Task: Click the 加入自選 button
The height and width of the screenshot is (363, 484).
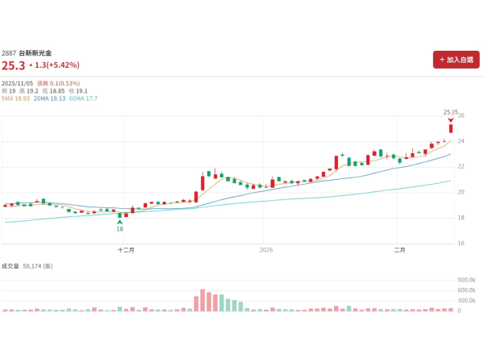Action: [x=456, y=60]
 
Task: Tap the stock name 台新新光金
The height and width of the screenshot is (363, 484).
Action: [x=35, y=52]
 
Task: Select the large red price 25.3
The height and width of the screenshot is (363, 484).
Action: [x=12, y=65]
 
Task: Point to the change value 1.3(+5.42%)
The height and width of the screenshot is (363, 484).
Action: [x=56, y=65]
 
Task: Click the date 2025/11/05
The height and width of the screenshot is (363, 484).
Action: [x=17, y=83]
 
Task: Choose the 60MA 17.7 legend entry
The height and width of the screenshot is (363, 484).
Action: [x=83, y=98]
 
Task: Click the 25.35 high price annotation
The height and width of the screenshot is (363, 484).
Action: [x=451, y=112]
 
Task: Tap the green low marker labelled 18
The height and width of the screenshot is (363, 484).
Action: [x=119, y=229]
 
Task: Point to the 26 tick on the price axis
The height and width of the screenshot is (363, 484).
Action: [x=461, y=115]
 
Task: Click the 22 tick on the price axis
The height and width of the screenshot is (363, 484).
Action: [x=461, y=167]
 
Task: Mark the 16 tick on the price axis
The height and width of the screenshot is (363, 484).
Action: [x=461, y=243]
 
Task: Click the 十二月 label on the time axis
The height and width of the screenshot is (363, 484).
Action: [x=126, y=250]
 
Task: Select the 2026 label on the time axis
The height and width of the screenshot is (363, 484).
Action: [x=266, y=250]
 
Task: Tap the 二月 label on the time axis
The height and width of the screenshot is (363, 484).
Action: [x=399, y=250]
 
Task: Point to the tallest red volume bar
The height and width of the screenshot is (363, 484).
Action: [x=202, y=300]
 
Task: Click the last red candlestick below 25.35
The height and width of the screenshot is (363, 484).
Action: [x=451, y=128]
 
